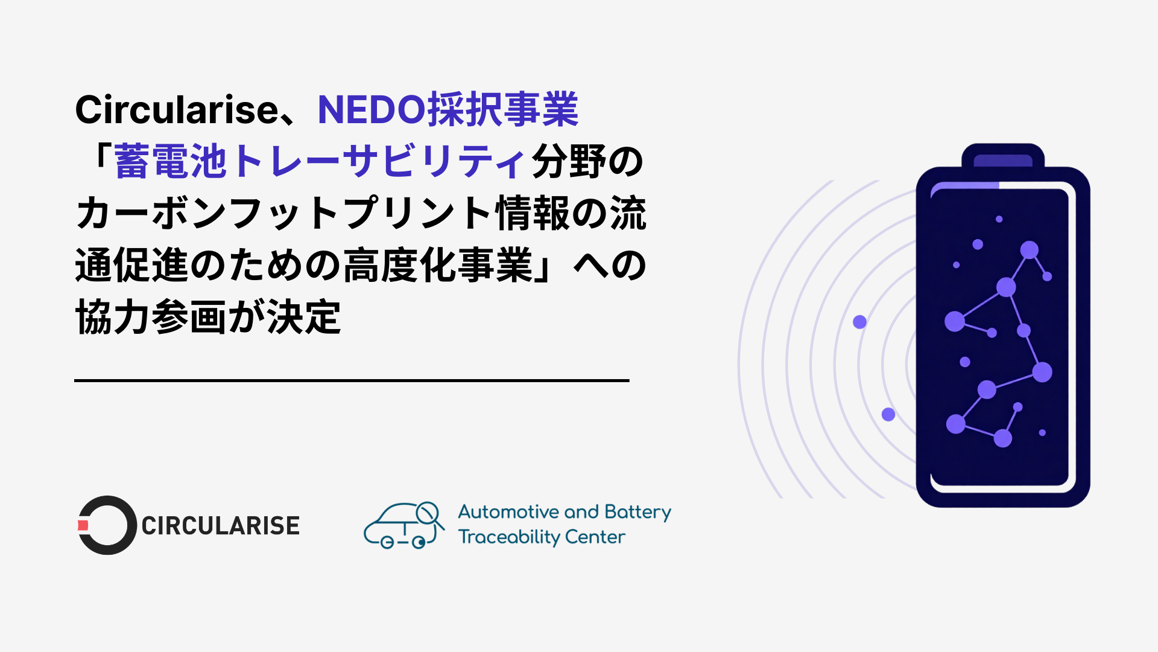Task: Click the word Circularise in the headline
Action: coord(176,110)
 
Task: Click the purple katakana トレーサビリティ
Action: coord(378,162)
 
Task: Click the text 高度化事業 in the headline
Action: coord(438,266)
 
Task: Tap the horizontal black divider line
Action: coord(352,380)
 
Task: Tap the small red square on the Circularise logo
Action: coord(83,525)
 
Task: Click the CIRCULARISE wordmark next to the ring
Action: coord(220,526)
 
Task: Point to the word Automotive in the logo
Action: coord(508,512)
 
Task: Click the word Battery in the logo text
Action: coord(638,513)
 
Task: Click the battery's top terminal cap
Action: coord(1003,158)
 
